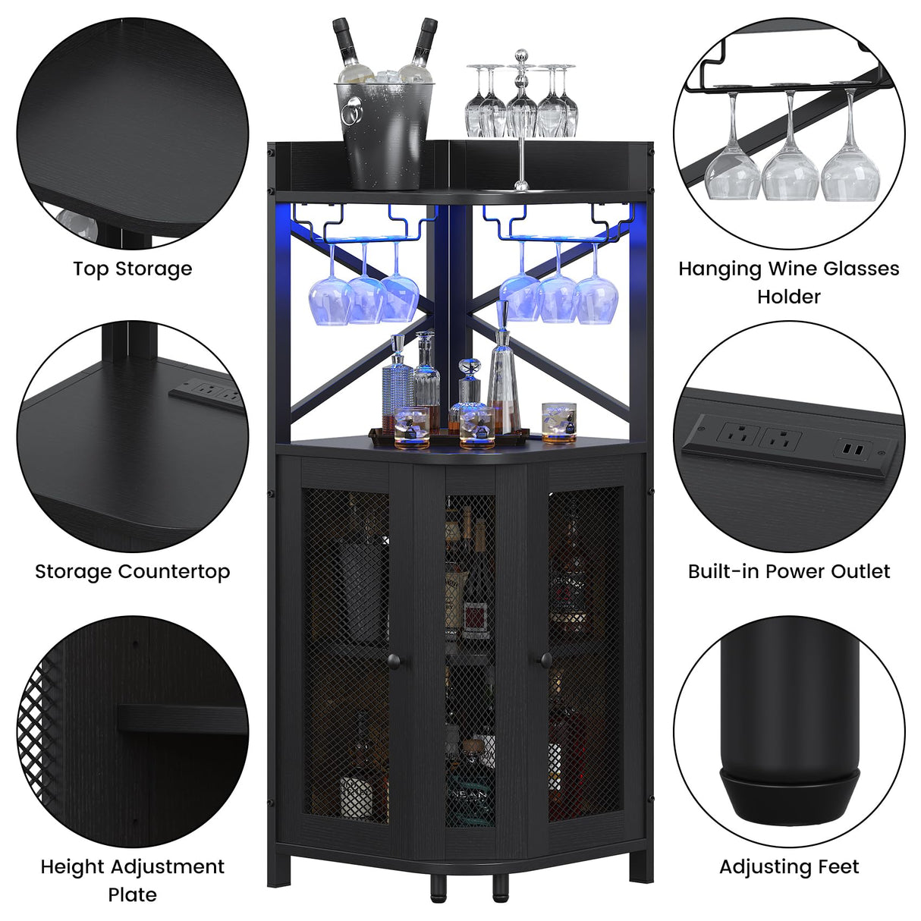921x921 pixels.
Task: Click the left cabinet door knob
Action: (x=401, y=661)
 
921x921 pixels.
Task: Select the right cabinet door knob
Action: (x=543, y=661)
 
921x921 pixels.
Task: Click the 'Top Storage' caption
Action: (x=133, y=269)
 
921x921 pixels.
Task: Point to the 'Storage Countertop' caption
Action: (x=133, y=571)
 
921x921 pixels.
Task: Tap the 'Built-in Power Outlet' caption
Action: (x=789, y=571)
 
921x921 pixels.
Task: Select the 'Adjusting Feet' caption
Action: (x=789, y=866)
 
